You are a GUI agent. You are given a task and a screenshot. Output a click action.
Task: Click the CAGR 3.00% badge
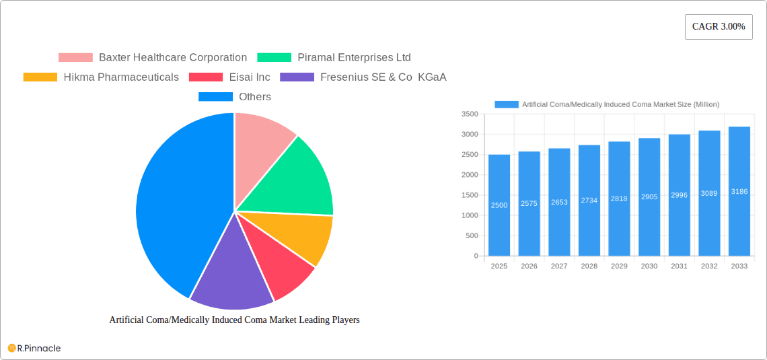[x=718, y=27]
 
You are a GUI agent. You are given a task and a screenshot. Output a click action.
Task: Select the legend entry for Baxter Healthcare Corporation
[x=153, y=58]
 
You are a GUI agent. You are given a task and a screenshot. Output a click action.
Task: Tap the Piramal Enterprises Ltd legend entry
[x=334, y=58]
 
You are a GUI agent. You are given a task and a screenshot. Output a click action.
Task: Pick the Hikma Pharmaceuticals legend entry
[x=101, y=77]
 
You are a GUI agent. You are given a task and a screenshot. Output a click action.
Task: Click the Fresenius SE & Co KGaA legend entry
[x=363, y=77]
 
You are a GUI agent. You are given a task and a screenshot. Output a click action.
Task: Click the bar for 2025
[x=499, y=205]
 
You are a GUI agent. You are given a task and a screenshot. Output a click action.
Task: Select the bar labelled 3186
[x=739, y=191]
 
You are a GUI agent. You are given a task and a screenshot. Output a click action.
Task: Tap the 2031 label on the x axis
[x=679, y=266]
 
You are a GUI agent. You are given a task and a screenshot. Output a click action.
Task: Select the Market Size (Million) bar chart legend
[x=607, y=104]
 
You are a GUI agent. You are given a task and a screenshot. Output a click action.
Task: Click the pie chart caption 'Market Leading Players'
[x=234, y=320]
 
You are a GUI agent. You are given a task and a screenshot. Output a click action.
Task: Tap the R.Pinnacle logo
[x=34, y=348]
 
